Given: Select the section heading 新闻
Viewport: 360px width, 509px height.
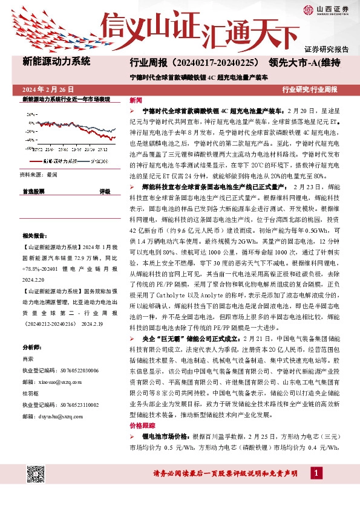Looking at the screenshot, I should point(136,100).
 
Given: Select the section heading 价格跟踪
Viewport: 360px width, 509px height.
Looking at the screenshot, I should point(142,424).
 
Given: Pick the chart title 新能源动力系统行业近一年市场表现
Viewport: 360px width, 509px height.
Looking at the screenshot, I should point(66,99).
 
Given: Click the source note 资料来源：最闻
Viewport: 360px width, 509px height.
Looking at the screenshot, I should point(39,174).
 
